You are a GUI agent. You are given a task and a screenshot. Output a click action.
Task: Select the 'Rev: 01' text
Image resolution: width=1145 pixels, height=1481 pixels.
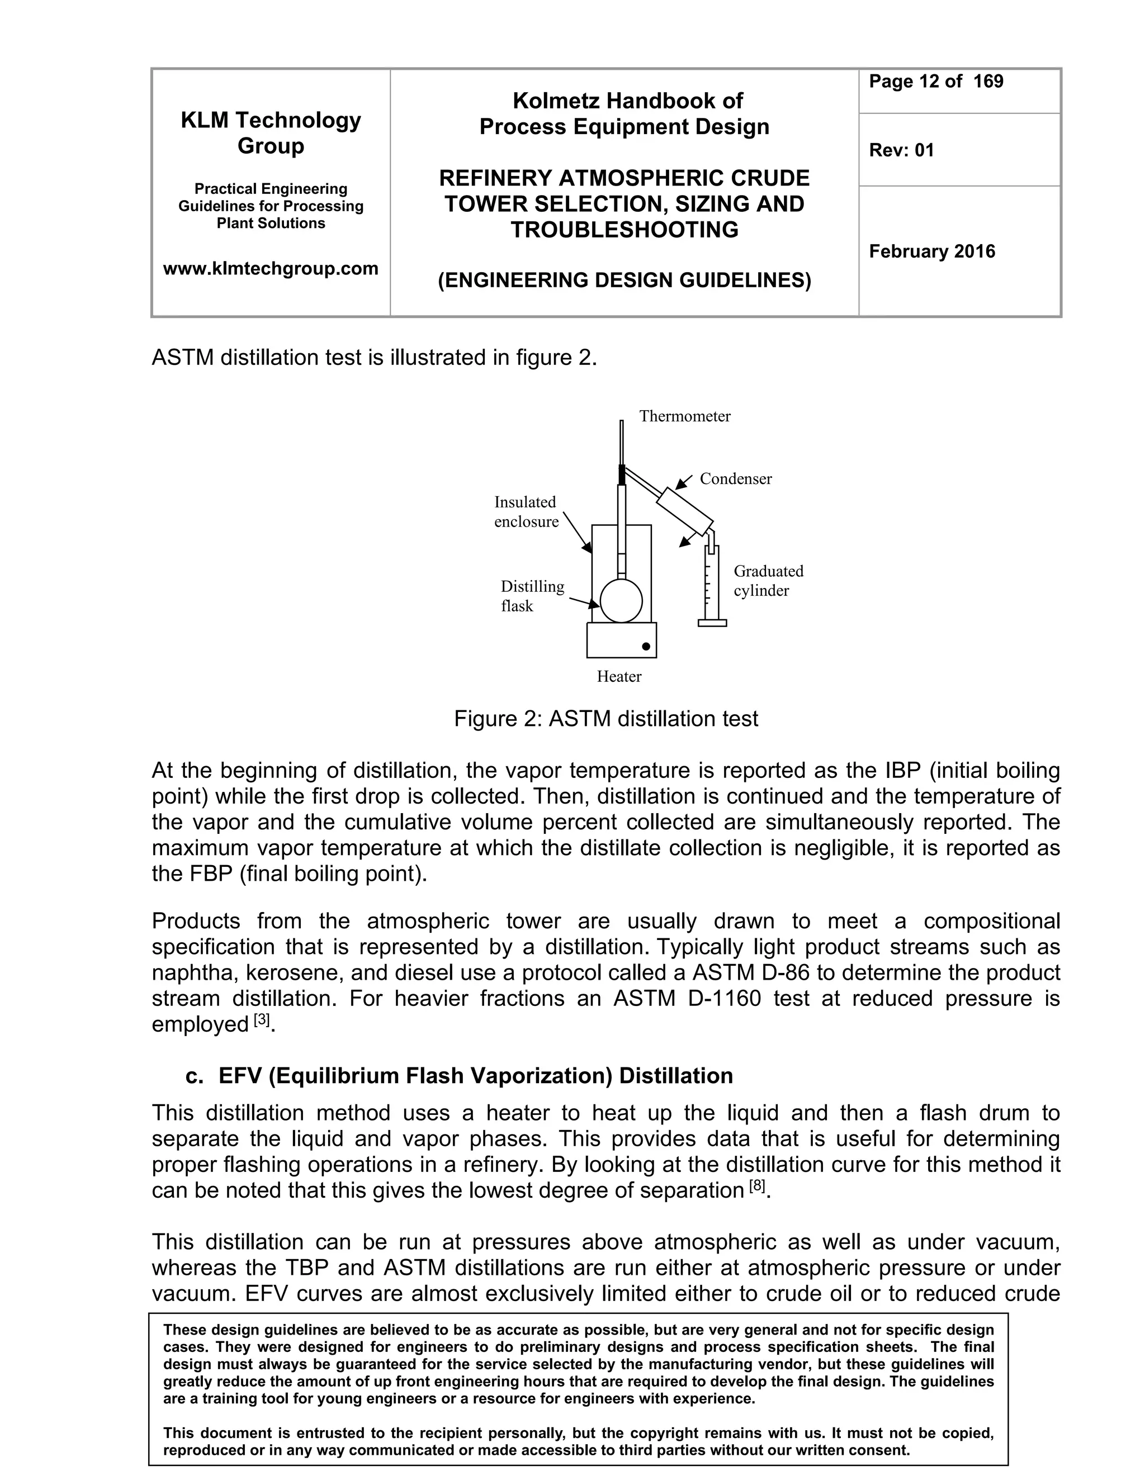pyautogui.click(x=901, y=150)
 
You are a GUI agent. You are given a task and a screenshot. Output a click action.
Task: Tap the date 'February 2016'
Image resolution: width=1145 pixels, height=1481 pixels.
pyautogui.click(x=931, y=251)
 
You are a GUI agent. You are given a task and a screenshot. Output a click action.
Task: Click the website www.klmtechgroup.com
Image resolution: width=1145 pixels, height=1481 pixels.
pyautogui.click(x=271, y=268)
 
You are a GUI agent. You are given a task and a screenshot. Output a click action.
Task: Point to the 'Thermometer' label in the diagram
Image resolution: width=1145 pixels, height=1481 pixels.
pyautogui.click(x=684, y=416)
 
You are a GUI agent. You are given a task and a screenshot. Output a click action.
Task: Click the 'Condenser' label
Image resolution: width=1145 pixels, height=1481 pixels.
pyautogui.click(x=735, y=479)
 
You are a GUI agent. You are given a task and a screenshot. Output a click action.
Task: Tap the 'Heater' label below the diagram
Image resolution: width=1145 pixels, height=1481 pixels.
pyautogui.click(x=619, y=676)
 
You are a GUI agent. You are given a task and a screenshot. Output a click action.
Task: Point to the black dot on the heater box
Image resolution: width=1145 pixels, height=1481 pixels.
pyautogui.click(x=646, y=646)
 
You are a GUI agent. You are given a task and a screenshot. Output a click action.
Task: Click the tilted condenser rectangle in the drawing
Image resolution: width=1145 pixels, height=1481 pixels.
pyautogui.click(x=685, y=509)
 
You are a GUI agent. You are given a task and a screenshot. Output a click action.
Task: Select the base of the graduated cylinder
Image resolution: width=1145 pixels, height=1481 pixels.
pyautogui.click(x=712, y=623)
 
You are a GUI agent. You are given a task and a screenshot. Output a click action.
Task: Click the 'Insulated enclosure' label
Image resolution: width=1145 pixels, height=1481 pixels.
pyautogui.click(x=526, y=512)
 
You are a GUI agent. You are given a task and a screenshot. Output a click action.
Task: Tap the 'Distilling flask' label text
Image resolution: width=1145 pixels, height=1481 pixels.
pyautogui.click(x=532, y=596)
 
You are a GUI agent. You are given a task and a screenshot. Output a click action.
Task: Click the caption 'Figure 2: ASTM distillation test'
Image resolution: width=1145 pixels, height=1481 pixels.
pyautogui.click(x=605, y=719)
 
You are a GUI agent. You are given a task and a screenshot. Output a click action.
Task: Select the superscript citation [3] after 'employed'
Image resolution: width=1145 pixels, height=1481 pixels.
pyautogui.click(x=262, y=1020)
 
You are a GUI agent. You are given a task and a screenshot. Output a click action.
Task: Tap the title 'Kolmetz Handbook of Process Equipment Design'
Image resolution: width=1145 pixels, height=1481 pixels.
pyautogui.click(x=624, y=114)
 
